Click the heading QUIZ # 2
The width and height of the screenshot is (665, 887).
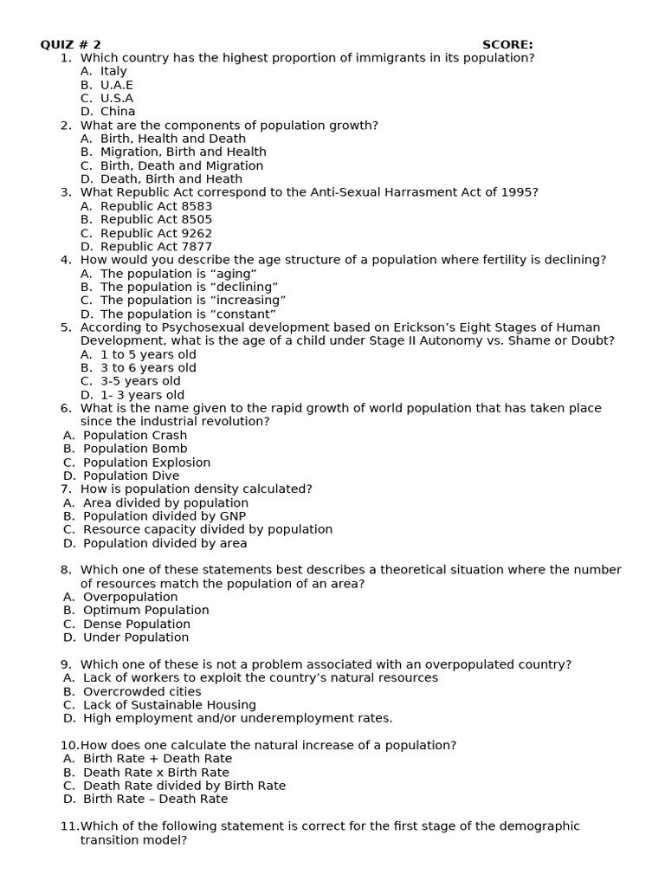(x=71, y=44)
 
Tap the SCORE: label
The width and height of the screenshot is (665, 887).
(x=507, y=44)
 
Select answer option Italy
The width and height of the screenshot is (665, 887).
(x=113, y=71)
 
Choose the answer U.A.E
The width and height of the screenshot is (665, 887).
(x=117, y=85)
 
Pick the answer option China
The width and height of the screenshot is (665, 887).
(x=118, y=112)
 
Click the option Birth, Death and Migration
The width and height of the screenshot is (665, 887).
(x=182, y=165)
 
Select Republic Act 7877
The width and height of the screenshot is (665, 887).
(x=156, y=247)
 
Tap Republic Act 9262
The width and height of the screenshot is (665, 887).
(x=156, y=233)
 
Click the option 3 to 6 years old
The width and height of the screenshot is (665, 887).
(x=148, y=368)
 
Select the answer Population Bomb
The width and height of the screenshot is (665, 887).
(x=135, y=449)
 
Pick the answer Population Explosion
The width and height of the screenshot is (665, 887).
(x=146, y=463)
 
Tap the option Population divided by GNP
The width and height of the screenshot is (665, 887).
(x=165, y=516)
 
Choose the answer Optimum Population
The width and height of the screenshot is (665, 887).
(x=145, y=610)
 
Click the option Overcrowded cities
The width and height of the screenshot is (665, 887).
(x=142, y=691)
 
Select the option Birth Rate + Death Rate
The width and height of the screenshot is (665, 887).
(x=158, y=759)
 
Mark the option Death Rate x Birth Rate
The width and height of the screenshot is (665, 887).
(x=156, y=773)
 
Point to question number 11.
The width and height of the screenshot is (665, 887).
(x=69, y=826)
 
